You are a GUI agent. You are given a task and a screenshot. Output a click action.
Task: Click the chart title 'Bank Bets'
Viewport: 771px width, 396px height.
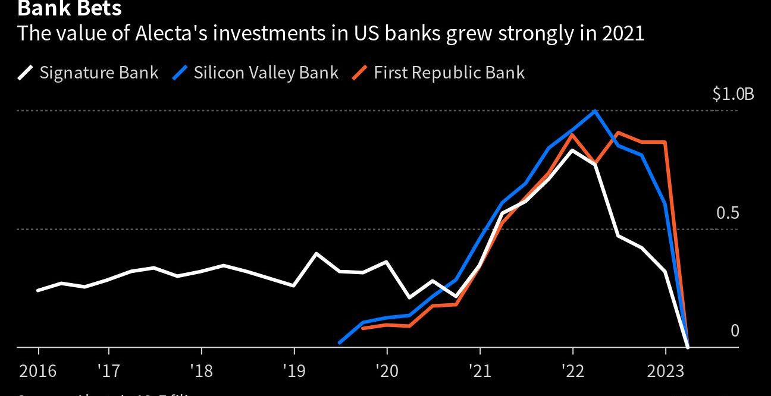[x=70, y=8]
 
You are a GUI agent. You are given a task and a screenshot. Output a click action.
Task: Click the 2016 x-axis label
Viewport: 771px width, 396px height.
[x=38, y=371]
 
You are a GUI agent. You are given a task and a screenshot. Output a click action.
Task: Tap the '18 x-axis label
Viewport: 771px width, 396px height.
[x=200, y=371]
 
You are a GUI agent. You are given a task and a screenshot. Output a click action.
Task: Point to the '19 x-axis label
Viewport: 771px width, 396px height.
[x=293, y=371]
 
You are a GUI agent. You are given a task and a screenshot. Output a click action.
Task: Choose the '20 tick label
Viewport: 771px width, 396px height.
[x=387, y=371]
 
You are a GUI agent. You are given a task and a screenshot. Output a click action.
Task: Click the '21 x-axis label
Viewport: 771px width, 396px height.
[x=479, y=371]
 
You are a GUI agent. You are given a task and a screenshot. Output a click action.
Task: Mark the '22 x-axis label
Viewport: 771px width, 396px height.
[x=572, y=371]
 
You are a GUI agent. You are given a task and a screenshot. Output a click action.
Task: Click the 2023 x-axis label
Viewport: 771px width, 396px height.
[x=665, y=371]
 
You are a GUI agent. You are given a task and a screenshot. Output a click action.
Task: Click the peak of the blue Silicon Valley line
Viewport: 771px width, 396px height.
[x=595, y=111]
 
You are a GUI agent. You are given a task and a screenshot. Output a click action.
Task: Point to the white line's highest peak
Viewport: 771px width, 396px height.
[x=572, y=150]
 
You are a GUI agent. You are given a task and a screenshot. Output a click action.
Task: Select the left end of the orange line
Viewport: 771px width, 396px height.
[x=363, y=328]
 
